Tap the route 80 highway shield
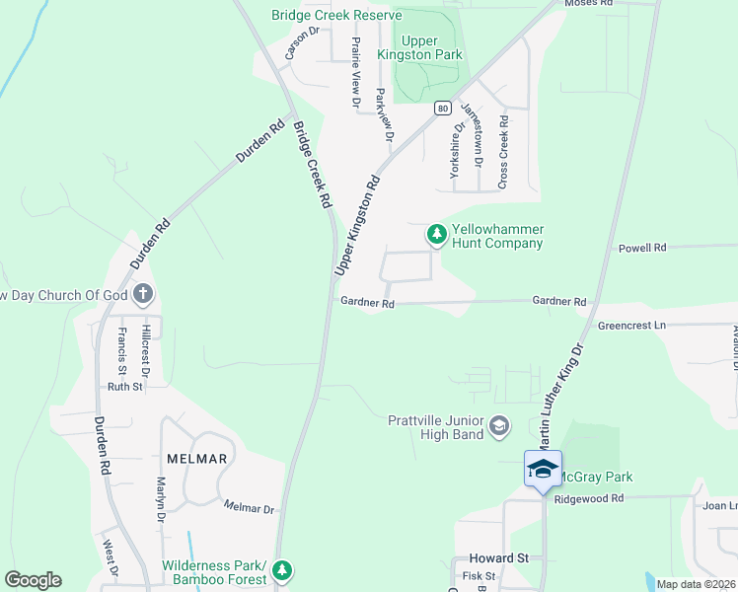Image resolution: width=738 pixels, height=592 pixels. coord(443,107)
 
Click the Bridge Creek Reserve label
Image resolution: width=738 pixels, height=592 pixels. coord(336,15)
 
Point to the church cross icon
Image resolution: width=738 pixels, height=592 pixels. coord(143,293)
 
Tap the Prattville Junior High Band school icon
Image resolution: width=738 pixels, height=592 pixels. coord(499,425)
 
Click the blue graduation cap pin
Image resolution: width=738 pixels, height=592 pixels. coord(543,469)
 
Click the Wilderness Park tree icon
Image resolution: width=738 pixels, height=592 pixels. coord(283,570)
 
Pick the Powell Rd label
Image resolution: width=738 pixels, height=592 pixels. coord(642,248)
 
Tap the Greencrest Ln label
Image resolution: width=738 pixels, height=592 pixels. coord(631,325)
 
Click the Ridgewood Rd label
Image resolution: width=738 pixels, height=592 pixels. coord(589,499)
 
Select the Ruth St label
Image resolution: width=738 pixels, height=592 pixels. coord(125,387)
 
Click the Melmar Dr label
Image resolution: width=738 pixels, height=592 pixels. coord(249,508)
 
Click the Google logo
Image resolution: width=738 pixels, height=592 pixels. coord(33,580)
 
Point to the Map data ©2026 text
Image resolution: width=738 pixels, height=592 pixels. coord(695,584)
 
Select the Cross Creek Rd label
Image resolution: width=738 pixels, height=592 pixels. coord(503,152)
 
